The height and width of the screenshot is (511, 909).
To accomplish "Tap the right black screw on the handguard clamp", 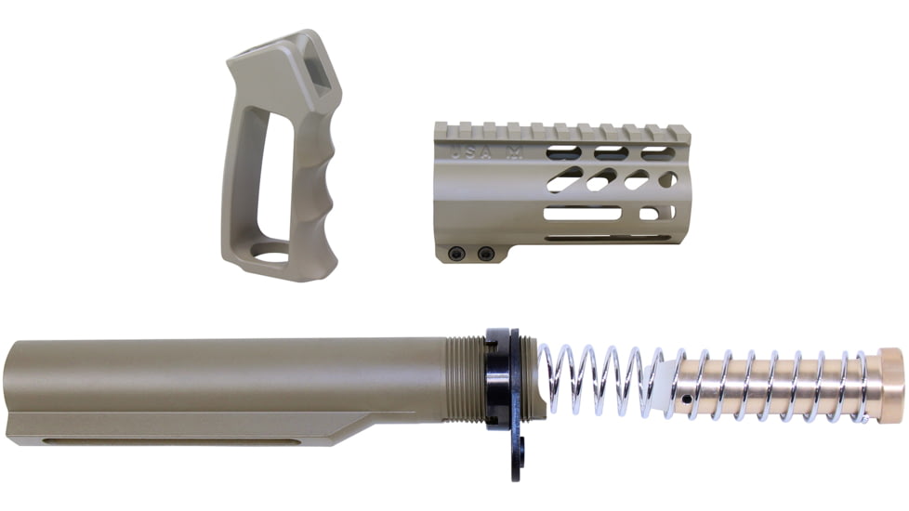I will point(484,254).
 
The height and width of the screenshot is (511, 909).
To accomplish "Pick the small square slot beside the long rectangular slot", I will point(651,214).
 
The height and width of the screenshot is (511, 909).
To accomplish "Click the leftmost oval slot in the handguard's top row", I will point(564,152).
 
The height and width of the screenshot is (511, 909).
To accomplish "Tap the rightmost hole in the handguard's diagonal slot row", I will point(667,179).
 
